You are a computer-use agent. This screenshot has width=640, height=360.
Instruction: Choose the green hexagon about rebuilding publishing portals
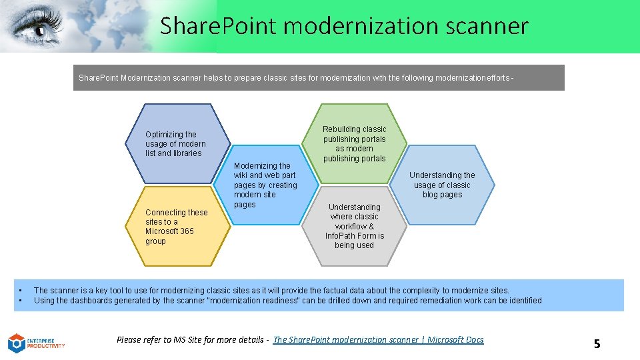click(354, 143)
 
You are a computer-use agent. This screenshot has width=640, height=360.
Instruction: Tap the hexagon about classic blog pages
click(443, 185)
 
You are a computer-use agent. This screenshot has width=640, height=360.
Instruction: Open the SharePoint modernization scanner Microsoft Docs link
click(379, 340)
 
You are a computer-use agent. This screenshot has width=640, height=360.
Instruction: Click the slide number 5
click(597, 344)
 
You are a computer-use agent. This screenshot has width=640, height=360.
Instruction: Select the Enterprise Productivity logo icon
click(16, 343)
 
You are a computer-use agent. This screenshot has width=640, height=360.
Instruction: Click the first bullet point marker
click(21, 291)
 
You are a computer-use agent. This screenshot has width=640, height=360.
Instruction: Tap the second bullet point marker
click(21, 301)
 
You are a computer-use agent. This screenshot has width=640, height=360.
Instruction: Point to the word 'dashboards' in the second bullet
click(83, 301)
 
